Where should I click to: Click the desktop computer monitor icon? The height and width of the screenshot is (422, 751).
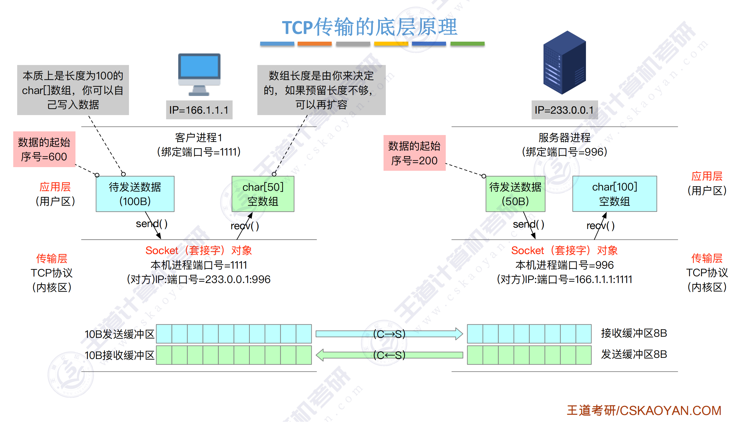click(x=199, y=74)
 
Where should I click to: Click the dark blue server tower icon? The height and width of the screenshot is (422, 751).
click(x=564, y=63)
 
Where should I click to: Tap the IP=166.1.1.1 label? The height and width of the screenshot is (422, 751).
click(x=199, y=110)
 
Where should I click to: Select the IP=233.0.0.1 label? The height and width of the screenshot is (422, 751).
click(x=564, y=110)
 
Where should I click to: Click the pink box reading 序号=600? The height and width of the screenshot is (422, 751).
click(x=44, y=149)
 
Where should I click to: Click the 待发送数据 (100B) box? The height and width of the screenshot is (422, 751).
click(x=135, y=194)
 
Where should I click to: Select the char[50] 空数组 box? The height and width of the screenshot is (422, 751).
click(x=263, y=194)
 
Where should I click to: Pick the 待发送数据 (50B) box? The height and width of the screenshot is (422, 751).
click(x=515, y=194)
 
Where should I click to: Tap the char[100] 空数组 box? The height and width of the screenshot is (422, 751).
click(x=614, y=194)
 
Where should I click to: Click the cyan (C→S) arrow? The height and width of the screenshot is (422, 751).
click(x=389, y=334)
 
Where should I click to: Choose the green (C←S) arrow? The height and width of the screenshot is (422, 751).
click(x=389, y=355)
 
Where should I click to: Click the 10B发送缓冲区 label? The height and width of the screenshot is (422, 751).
click(x=119, y=334)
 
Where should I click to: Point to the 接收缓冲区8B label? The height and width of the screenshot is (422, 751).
click(x=634, y=333)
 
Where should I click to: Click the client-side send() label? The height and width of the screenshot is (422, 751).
click(x=151, y=224)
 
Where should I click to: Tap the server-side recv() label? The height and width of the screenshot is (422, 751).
click(x=601, y=226)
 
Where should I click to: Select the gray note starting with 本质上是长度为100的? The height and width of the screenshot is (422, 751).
click(x=73, y=90)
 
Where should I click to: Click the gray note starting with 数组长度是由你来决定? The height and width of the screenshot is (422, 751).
click(x=321, y=90)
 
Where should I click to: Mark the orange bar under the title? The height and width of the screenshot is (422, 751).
click(x=315, y=44)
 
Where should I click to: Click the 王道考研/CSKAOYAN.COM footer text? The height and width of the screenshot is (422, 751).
click(x=644, y=411)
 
